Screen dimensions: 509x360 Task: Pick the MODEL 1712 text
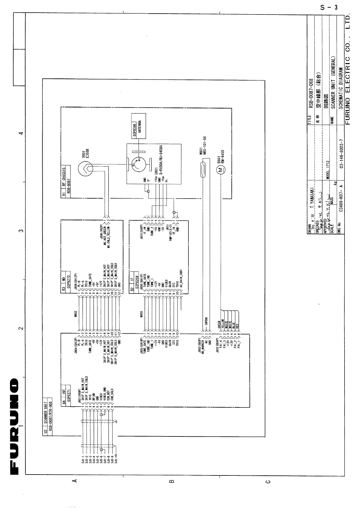point(328,169)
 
